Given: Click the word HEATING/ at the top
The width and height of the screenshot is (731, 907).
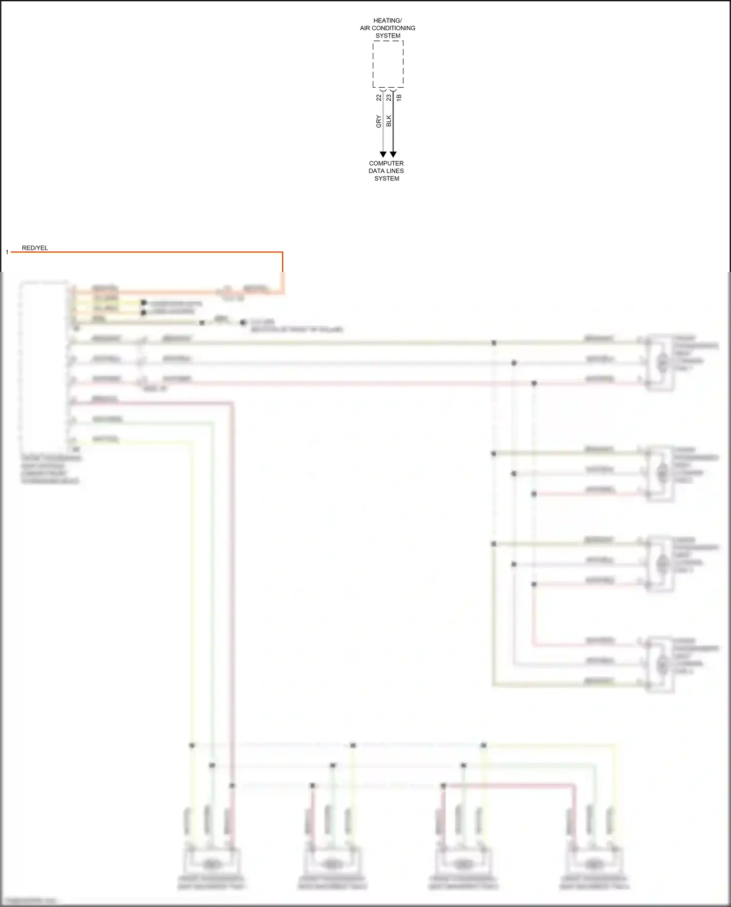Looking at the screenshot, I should point(387,20).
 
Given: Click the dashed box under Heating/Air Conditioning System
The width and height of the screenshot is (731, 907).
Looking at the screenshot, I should point(388,64).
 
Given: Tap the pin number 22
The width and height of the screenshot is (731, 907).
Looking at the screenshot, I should point(379,97).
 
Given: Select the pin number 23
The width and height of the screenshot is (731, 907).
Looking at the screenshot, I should point(388,97).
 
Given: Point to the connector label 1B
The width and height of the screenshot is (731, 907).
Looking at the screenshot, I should point(399,97).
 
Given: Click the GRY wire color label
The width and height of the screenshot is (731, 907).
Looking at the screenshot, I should point(379,121).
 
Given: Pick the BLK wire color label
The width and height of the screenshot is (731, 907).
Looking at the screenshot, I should point(388,121).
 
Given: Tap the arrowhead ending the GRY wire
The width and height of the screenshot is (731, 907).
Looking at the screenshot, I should point(383,154).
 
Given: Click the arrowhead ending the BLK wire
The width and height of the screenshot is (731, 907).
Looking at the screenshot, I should point(393,154).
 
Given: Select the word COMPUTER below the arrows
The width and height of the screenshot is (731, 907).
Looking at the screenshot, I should point(386,163).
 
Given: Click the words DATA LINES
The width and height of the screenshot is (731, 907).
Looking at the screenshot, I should point(386,171).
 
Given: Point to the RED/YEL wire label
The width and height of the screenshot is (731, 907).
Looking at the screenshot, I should point(35,248).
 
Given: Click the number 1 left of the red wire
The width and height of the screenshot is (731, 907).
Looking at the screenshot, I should point(7,252).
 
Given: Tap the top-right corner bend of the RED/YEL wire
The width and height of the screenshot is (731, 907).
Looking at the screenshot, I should point(282,252).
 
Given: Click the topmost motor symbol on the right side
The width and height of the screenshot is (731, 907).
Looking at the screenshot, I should point(662,362).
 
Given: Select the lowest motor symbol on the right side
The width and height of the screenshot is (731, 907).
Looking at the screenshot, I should point(662,663).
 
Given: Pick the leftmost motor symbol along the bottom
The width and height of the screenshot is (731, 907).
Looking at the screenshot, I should point(211,864).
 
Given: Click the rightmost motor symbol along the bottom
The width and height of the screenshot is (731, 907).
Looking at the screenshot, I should point(593,864).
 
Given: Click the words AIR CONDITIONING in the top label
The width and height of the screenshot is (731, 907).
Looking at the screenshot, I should point(387,28).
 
